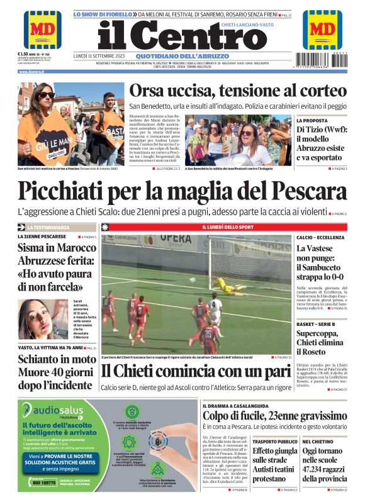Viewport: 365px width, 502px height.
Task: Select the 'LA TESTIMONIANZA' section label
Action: (52, 226)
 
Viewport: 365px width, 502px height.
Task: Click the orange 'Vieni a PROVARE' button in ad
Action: (60, 462)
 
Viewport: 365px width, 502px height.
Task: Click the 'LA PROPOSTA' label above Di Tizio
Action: (312, 120)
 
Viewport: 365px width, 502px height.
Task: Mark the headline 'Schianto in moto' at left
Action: (56, 359)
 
